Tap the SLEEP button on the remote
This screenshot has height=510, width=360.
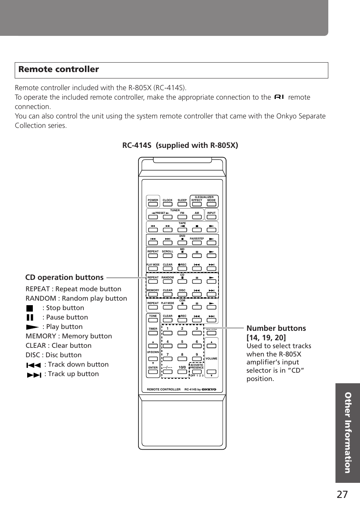[x=182, y=204]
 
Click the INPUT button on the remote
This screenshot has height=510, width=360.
[x=211, y=217]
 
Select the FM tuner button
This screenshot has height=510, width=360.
[x=182, y=217]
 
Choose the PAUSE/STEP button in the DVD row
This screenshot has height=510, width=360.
[x=197, y=243]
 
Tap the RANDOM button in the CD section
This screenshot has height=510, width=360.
[x=168, y=282]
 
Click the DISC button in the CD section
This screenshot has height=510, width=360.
[x=182, y=295]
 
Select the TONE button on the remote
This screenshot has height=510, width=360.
[x=153, y=320]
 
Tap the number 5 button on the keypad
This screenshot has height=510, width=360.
[x=182, y=346]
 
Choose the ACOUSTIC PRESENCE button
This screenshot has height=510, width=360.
[x=197, y=372]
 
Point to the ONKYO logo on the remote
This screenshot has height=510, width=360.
[x=209, y=389]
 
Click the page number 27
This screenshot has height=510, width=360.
[x=342, y=495]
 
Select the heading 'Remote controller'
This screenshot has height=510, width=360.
[x=58, y=69]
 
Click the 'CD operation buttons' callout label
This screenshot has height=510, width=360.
[x=64, y=277]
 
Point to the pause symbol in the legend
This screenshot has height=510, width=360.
[x=30, y=318]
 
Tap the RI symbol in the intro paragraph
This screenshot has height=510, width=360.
[x=279, y=97]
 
